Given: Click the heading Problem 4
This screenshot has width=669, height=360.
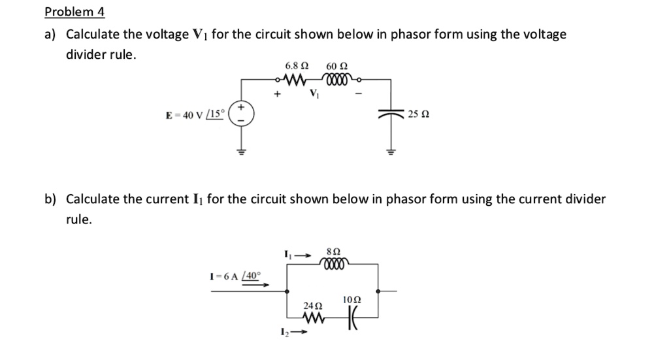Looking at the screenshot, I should click(x=74, y=12).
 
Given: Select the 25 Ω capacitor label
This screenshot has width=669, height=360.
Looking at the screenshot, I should click(x=417, y=114).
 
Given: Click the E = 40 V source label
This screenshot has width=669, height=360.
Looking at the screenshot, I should click(x=195, y=114).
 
